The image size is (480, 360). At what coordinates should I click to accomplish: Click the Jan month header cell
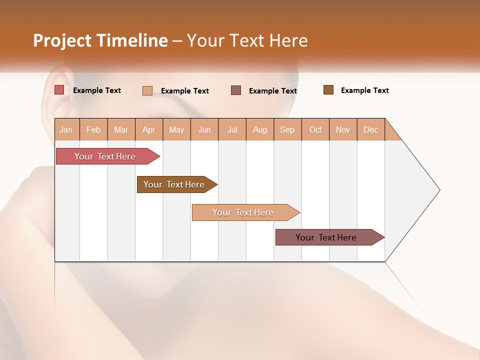(66, 129)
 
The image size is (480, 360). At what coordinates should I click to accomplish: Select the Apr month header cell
(149, 129)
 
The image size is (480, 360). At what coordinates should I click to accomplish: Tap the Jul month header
(232, 129)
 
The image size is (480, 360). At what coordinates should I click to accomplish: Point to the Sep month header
(287, 129)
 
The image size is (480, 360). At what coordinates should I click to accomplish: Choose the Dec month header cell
(370, 129)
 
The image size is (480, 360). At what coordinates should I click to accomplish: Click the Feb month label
(93, 129)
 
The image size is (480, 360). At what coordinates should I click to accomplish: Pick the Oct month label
(315, 129)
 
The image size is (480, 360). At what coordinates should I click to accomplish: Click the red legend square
(59, 90)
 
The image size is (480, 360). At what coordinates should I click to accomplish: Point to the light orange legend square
(147, 90)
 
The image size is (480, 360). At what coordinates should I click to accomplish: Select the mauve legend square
(236, 90)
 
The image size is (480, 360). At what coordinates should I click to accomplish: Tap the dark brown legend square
(328, 90)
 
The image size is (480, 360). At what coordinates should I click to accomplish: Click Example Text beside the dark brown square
(364, 90)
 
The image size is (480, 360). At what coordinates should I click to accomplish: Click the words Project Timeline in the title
(100, 40)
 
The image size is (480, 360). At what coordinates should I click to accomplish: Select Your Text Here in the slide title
(247, 40)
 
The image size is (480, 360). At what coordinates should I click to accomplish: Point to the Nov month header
(343, 129)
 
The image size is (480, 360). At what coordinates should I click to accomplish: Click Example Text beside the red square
(97, 90)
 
